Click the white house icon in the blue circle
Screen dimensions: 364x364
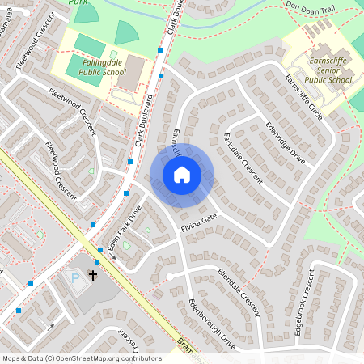pyautogui.click(x=181, y=175)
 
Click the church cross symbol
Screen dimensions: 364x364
pyautogui.click(x=93, y=276)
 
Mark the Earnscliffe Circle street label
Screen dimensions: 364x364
pyautogui.click(x=303, y=98)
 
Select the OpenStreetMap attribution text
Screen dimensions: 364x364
pyautogui.click(x=81, y=358)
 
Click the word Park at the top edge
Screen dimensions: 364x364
pyautogui.click(x=78, y=3)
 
